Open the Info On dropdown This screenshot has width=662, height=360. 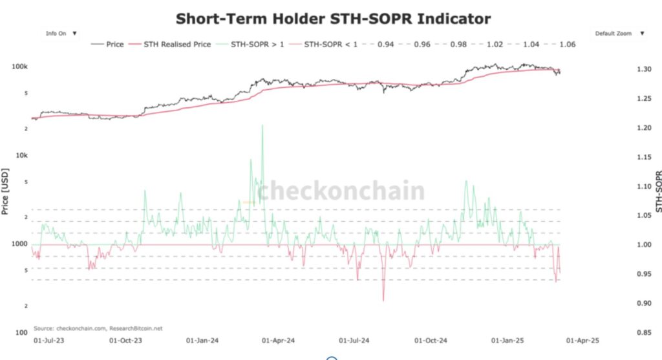point(61,34)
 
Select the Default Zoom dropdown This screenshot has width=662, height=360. point(619,34)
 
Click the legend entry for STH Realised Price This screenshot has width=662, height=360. point(171,45)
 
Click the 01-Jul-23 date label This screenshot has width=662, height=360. point(48,339)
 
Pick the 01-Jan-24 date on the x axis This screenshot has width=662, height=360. point(202,339)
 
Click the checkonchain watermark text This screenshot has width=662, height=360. point(341,191)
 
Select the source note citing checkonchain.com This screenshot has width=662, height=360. point(98,328)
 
